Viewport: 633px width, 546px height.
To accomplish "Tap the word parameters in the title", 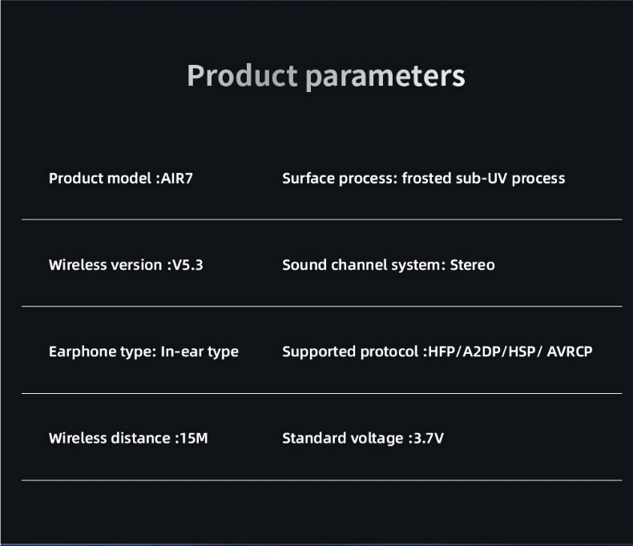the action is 385,76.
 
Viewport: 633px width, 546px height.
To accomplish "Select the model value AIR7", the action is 176,178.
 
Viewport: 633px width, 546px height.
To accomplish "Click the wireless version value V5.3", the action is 187,264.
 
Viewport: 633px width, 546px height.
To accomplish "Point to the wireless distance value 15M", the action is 193,438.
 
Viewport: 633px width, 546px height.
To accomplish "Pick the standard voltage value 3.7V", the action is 428,438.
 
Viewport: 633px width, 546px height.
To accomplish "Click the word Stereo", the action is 472,264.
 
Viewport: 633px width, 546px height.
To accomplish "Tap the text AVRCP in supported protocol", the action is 570,351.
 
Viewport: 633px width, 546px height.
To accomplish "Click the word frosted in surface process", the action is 427,178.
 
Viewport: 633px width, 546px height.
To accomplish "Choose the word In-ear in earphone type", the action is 180,351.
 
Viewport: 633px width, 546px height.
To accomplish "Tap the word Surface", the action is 308,178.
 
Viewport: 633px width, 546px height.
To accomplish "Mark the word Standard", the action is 312,438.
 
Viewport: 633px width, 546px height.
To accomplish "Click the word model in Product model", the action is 130,178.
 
